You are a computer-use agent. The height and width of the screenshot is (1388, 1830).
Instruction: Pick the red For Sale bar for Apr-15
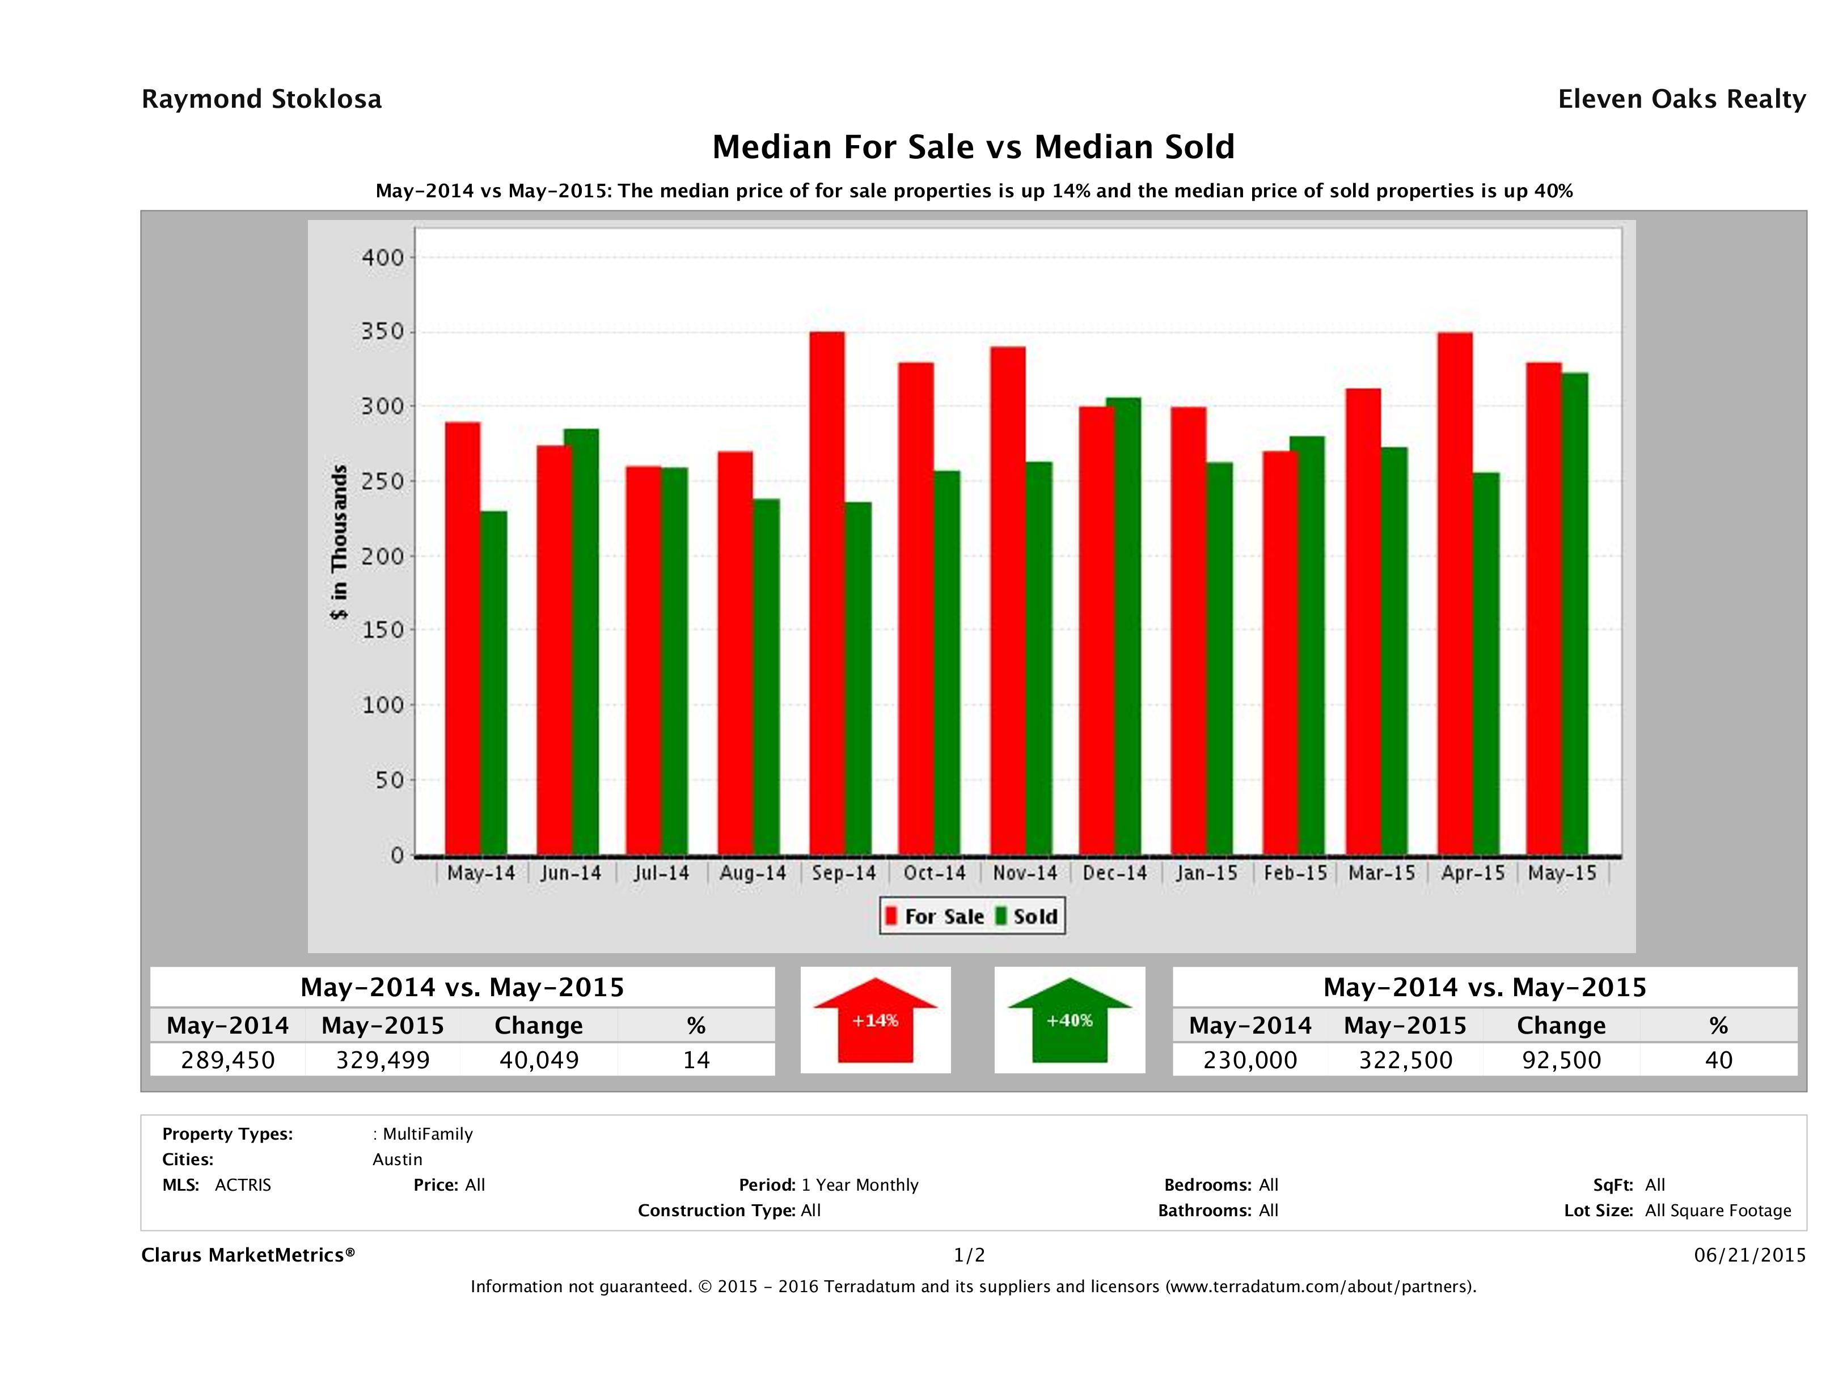pos(1455,593)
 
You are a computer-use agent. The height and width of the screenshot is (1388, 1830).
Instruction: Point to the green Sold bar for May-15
pos(1574,613)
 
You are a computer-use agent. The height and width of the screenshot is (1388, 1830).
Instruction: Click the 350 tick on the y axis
pos(382,332)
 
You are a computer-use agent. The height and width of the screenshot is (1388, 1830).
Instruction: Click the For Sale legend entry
pos(935,916)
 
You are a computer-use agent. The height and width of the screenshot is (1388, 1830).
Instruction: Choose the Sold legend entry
pos(1026,916)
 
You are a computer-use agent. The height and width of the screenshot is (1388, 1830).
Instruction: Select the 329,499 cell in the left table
pos(382,1060)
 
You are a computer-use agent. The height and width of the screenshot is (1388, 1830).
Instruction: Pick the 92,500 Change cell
pos(1561,1060)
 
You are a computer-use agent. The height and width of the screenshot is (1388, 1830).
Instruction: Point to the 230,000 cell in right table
pos(1250,1060)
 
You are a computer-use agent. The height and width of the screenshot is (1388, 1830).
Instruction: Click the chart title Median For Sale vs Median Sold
pos(973,147)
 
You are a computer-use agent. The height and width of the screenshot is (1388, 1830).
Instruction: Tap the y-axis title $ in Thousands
pos(339,542)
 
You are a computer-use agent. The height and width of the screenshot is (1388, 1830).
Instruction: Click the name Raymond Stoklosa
pos(261,99)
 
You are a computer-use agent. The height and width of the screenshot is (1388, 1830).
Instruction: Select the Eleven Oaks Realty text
pos(1681,99)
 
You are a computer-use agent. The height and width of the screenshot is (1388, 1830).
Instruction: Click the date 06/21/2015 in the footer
pos(1749,1255)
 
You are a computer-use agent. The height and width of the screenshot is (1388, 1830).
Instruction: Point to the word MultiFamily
pos(427,1134)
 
